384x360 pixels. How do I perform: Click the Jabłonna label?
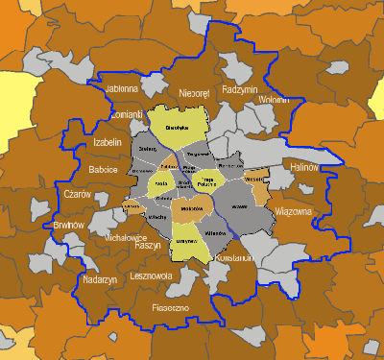click(x=122, y=88)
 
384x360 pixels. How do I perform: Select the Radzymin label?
click(x=240, y=88)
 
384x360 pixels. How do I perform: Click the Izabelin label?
click(x=108, y=143)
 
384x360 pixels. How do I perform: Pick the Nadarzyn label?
click(x=100, y=279)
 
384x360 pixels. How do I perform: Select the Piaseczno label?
click(x=172, y=307)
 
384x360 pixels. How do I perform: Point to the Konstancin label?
click(x=234, y=258)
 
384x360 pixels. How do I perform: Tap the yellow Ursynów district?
click(x=186, y=240)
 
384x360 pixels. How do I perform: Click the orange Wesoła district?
click(x=255, y=180)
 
